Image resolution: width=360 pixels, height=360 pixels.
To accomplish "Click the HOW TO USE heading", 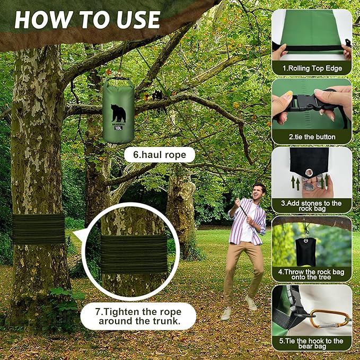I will tap(87, 20).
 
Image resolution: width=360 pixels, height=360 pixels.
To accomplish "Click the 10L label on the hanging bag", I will tap(118, 128).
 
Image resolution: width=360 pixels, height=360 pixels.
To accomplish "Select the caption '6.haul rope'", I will tap(160, 155).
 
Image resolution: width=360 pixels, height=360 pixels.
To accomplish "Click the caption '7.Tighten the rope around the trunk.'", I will tap(138, 317).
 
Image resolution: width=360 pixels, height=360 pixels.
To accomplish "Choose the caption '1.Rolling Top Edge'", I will tap(312, 68).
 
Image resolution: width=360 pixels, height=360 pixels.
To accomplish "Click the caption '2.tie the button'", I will tap(312, 137).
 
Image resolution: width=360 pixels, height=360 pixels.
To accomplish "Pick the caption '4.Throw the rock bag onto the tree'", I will tap(312, 275).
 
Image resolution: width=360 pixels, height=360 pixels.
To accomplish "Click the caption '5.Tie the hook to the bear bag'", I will tap(312, 344).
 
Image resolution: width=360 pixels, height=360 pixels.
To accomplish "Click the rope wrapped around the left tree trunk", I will tap(38, 229).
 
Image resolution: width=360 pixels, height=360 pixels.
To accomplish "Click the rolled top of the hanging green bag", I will tap(118, 82).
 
